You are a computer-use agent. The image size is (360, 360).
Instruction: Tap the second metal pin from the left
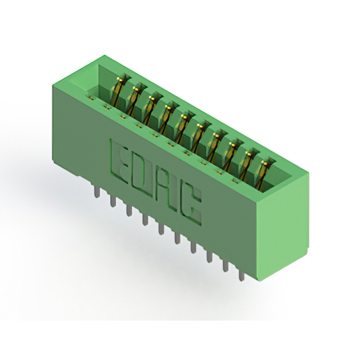point(112,200)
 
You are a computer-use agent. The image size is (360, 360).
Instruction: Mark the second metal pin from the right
point(225,264)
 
